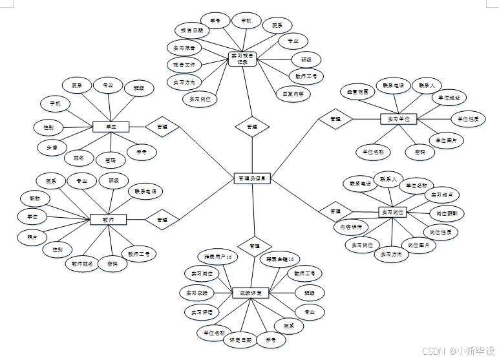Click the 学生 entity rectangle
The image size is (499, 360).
point(111,127)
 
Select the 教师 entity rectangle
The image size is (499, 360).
point(108,220)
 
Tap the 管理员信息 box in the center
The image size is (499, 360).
point(251,178)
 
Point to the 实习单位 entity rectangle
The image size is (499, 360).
point(399,119)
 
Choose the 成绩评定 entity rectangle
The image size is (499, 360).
point(250,293)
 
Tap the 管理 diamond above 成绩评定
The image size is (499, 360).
point(254,246)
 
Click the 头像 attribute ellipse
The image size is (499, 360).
point(52,147)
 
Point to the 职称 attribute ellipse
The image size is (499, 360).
point(34,198)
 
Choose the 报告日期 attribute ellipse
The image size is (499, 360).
point(191,30)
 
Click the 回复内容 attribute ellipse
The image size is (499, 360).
point(293,93)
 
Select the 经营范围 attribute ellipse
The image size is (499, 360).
point(357,92)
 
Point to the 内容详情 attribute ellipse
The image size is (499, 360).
point(351,227)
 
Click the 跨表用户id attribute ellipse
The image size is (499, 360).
point(217,257)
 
